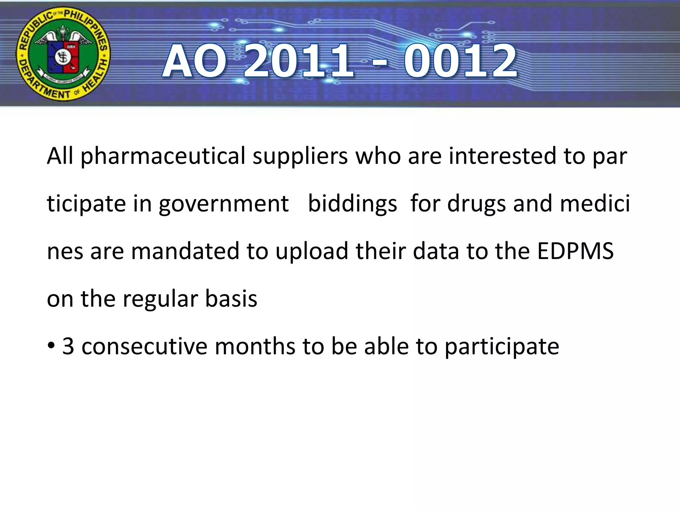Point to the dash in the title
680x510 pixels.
click(379, 63)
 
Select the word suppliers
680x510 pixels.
click(300, 156)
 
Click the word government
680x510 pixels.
click(224, 204)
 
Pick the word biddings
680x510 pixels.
click(352, 204)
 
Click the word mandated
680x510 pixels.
click(185, 251)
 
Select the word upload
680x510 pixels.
click(312, 252)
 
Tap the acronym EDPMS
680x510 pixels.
click(575, 251)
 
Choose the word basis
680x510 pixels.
click(231, 298)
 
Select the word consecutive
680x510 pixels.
click(144, 347)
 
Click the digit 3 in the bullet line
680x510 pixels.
click(68, 347)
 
